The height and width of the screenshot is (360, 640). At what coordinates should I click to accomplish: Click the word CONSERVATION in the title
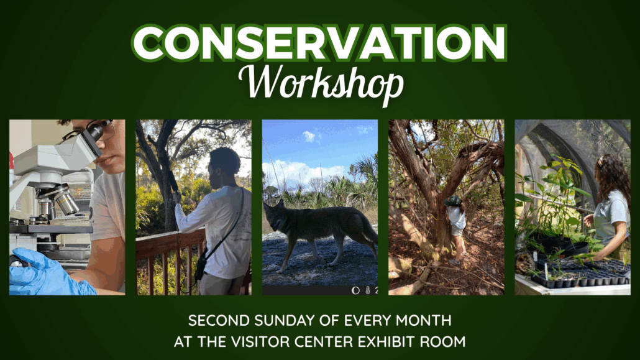[x=319, y=44]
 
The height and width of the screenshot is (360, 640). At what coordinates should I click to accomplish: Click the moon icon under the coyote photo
[x=355, y=290]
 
